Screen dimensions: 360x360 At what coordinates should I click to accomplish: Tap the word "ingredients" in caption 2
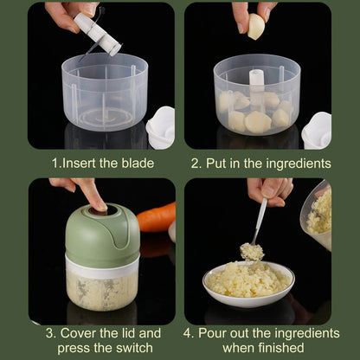297,163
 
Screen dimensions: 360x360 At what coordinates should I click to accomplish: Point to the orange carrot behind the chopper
157,217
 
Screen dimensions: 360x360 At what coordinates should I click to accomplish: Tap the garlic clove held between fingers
256,28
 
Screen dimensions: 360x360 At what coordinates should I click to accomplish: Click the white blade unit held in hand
96,34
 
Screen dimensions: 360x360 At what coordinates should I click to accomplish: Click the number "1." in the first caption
55,163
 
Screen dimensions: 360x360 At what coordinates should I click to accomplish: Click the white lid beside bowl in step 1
161,126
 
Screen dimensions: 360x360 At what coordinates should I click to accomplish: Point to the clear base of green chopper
102,285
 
